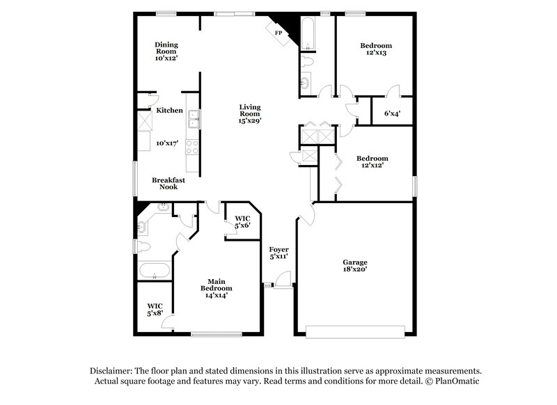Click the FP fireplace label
(x=278, y=33)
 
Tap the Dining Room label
(x=166, y=47)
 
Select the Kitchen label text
(x=169, y=111)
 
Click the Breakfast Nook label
(x=168, y=183)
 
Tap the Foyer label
(x=278, y=249)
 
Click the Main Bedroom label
(x=216, y=285)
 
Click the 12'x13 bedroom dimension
(x=375, y=53)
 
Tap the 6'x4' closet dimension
(x=393, y=113)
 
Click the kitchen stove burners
(x=192, y=146)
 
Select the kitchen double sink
(x=193, y=120)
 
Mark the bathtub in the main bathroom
(x=154, y=271)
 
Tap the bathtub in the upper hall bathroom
(x=308, y=33)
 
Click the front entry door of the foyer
(x=282, y=281)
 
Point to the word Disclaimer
(x=113, y=371)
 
